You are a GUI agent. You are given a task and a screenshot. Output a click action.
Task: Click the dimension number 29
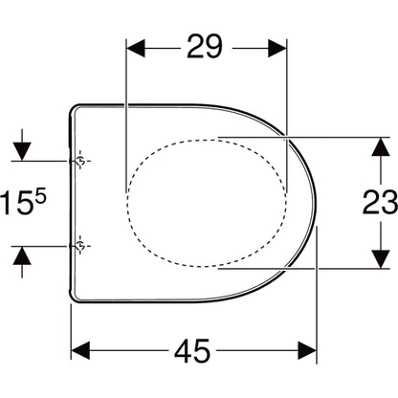pyautogui.click(x=204, y=47)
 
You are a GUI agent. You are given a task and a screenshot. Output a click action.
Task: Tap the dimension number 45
pyautogui.click(x=192, y=350)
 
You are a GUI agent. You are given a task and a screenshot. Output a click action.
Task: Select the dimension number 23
pyautogui.click(x=380, y=202)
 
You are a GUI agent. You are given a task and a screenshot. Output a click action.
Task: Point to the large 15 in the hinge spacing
pyautogui.click(x=17, y=203)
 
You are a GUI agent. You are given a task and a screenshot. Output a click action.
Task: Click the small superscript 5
pyautogui.click(x=40, y=196)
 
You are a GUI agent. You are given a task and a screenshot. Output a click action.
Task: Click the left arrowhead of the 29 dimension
pyautogui.click(x=136, y=49)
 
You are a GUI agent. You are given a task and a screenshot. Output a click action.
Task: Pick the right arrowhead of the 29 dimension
pyautogui.click(x=277, y=49)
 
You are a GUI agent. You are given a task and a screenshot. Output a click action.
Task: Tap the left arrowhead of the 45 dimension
pyautogui.click(x=80, y=350)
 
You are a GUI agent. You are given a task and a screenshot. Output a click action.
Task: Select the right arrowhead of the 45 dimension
pyautogui.click(x=307, y=350)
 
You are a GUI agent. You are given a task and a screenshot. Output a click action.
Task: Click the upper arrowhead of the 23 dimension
pyautogui.click(x=381, y=146)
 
